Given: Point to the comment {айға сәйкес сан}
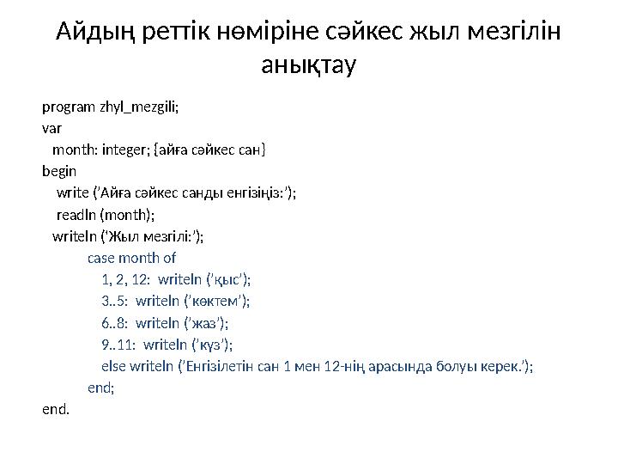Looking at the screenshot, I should [x=209, y=150].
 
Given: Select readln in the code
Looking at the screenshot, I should [x=76, y=214].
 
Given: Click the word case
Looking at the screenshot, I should [x=101, y=257].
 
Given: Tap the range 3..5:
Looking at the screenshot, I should [x=115, y=301].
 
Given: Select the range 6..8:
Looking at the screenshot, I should [x=115, y=322].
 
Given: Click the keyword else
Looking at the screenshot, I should [x=112, y=366].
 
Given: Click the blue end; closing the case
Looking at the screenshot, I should [x=100, y=388].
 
